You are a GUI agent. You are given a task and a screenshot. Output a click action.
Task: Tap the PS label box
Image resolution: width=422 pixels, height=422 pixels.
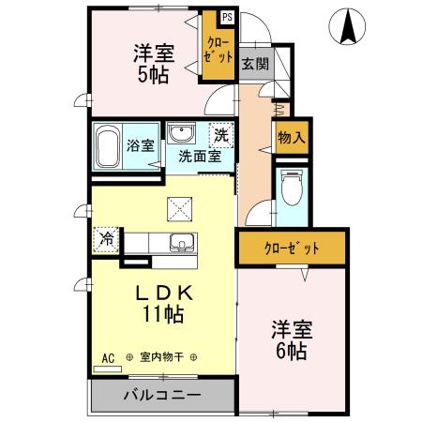(227, 18)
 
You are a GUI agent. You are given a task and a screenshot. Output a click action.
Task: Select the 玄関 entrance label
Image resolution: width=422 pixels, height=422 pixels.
(254, 64)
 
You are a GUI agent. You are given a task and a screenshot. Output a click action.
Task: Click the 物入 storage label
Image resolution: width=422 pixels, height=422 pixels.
(291, 137)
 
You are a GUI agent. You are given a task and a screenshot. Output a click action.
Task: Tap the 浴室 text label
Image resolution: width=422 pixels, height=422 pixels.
(140, 145)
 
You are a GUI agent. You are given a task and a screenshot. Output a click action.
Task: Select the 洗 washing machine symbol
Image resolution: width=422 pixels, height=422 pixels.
(221, 134)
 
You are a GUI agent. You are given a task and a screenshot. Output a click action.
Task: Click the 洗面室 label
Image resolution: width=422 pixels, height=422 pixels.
(200, 156)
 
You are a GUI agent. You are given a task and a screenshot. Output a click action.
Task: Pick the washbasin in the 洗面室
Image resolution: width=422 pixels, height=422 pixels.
(181, 132)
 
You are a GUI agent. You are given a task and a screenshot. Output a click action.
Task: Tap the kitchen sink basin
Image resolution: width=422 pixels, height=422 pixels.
(178, 244)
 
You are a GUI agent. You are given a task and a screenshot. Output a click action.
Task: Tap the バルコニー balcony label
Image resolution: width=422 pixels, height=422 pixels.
(161, 395)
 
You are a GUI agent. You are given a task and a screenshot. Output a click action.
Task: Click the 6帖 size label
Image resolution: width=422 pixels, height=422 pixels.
(292, 352)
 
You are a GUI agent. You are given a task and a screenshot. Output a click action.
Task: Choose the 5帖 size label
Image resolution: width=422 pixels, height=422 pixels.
(151, 76)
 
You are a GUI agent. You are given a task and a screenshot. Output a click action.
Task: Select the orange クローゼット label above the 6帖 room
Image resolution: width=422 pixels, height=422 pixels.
(291, 249)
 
